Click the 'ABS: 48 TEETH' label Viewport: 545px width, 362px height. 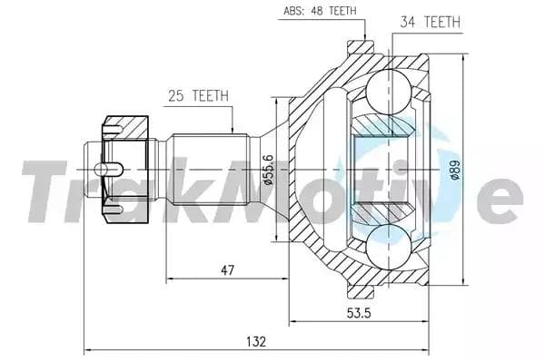[319, 11]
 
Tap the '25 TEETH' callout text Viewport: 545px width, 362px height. [197, 95]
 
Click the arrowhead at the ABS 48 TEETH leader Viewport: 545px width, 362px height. [363, 37]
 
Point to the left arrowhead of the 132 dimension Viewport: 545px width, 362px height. [88, 349]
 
